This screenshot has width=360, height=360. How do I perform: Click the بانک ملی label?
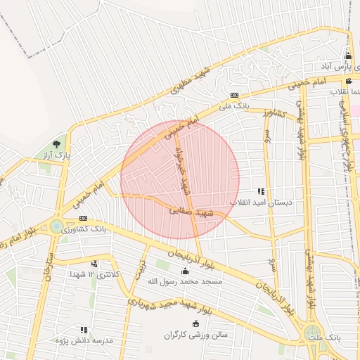(234, 106)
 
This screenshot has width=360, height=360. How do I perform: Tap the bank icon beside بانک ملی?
(234, 96)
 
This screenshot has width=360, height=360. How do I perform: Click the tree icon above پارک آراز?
(56, 144)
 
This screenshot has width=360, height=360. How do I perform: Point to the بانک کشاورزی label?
(84, 229)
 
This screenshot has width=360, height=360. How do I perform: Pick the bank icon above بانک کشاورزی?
(83, 219)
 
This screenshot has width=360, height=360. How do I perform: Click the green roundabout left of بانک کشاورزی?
(56, 226)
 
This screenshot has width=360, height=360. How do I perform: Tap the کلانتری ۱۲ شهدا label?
(94, 274)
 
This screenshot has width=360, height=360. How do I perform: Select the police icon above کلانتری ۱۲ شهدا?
(94, 264)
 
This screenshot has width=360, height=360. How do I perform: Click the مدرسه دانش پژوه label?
(84, 340)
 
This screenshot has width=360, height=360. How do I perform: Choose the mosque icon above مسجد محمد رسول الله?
(185, 271)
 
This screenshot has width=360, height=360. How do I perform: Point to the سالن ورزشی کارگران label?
(196, 335)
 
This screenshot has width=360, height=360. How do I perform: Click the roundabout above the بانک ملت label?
(312, 333)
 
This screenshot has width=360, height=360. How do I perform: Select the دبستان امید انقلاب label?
(261, 202)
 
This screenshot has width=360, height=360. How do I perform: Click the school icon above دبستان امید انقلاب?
(261, 191)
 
